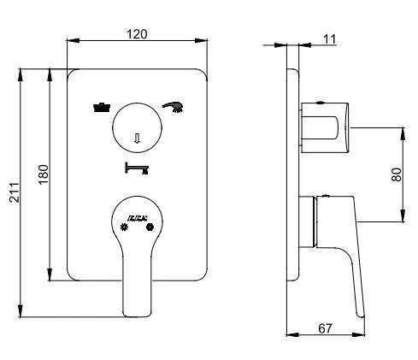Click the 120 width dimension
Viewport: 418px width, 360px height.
pyautogui.click(x=137, y=33)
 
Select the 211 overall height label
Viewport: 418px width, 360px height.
pyautogui.click(x=14, y=193)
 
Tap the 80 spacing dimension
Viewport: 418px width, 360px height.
pyautogui.click(x=396, y=174)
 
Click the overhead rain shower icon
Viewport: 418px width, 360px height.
pyautogui.click(x=102, y=108)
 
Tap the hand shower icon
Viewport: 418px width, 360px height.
pyautogui.click(x=174, y=107)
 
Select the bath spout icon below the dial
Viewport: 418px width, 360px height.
pyautogui.click(x=137, y=168)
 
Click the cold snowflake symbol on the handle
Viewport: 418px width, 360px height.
pyautogui.click(x=126, y=227)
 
